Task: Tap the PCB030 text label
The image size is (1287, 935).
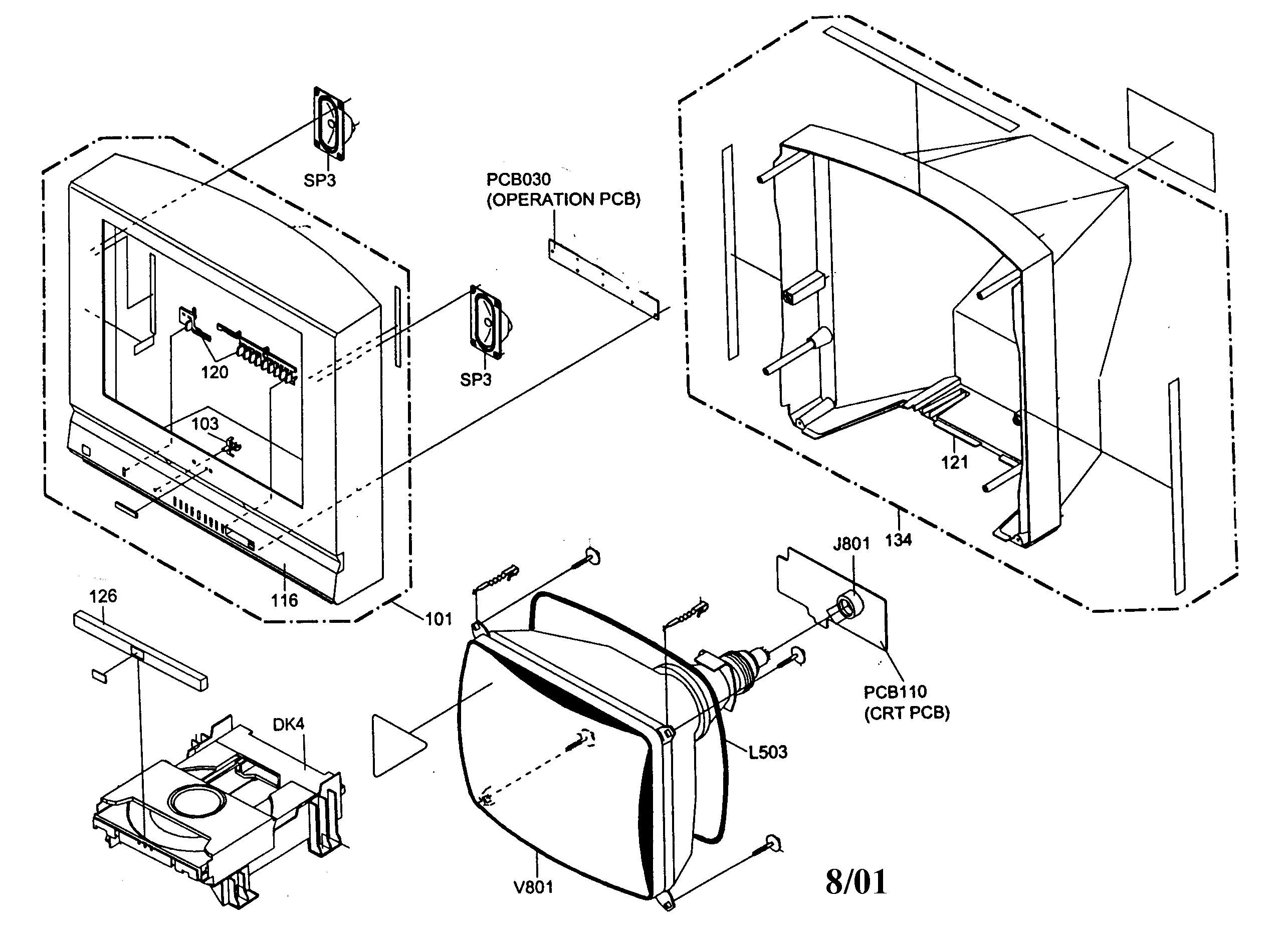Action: tap(518, 179)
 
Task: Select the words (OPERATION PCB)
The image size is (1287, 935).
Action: tap(563, 200)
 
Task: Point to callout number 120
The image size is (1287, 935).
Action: tap(214, 372)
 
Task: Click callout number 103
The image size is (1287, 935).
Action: tap(205, 424)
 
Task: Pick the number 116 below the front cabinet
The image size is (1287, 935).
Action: tap(284, 600)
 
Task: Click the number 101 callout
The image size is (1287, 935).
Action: tap(439, 619)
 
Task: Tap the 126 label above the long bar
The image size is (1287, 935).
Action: tap(103, 596)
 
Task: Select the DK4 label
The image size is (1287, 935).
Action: tap(288, 725)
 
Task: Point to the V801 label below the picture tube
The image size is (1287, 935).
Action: tap(533, 887)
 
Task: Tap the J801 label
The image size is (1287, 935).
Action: tap(851, 544)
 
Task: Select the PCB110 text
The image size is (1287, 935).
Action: tap(895, 692)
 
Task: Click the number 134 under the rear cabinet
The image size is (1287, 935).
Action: tap(898, 540)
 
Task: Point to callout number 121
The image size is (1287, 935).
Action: tap(954, 462)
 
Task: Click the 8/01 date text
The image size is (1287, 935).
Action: tap(855, 882)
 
